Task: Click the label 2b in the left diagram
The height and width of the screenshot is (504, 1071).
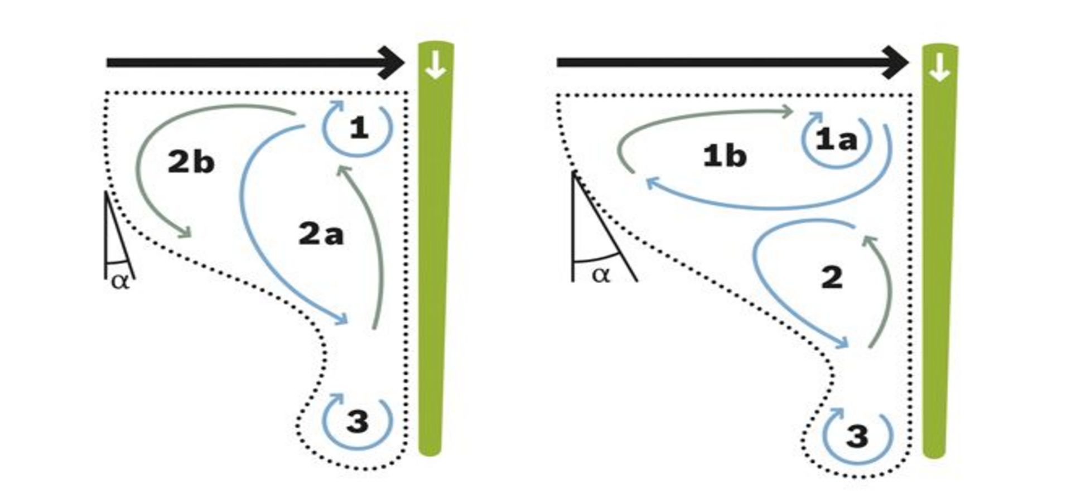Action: [191, 162]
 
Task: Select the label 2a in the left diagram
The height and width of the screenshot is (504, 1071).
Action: [321, 234]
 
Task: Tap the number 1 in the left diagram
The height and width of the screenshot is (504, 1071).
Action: [359, 129]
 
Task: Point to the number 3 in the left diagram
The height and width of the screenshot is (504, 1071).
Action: [358, 421]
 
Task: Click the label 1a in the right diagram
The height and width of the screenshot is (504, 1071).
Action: [836, 139]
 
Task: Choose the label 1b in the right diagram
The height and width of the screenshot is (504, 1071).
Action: [724, 156]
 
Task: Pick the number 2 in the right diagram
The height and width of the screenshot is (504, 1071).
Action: [832, 278]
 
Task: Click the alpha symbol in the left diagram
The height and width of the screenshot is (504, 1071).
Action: [120, 281]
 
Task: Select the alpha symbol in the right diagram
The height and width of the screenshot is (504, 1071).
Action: [601, 275]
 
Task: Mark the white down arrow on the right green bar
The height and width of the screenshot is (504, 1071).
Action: [939, 67]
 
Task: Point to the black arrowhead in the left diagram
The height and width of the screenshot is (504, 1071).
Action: [393, 62]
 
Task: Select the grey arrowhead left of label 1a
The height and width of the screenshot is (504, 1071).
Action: [788, 112]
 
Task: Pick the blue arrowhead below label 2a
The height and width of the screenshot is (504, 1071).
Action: [341, 319]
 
